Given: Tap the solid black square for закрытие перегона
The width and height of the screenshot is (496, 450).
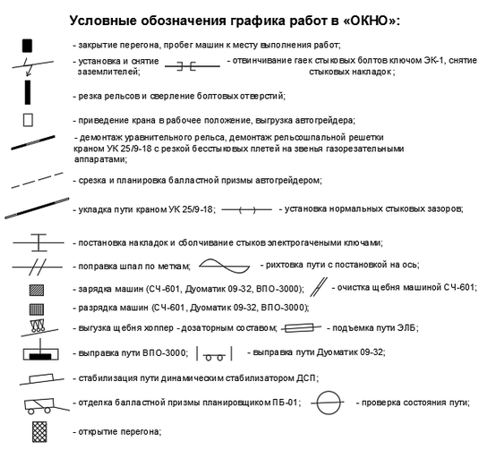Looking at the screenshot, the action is pyautogui.click(x=27, y=46).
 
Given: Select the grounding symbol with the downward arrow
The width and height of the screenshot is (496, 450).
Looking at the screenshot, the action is pyautogui.click(x=32, y=66).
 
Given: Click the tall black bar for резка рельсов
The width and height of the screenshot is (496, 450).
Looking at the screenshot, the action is pyautogui.click(x=28, y=92).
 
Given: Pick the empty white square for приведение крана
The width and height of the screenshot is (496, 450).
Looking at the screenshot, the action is pyautogui.click(x=28, y=120).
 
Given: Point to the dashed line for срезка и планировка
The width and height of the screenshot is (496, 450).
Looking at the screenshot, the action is pyautogui.click(x=37, y=181).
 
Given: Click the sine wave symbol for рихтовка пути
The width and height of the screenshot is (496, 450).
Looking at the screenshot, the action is pyautogui.click(x=225, y=266).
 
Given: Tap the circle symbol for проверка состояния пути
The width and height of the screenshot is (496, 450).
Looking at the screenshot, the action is pyautogui.click(x=328, y=403).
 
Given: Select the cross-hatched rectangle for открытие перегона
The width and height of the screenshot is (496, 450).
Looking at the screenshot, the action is pyautogui.click(x=39, y=432).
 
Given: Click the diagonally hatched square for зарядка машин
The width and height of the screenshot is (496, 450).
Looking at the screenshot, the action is pyautogui.click(x=37, y=290).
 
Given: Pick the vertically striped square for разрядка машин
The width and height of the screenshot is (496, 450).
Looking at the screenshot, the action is pyautogui.click(x=37, y=310).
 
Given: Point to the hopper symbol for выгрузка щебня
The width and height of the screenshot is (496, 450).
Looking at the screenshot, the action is pyautogui.click(x=38, y=328).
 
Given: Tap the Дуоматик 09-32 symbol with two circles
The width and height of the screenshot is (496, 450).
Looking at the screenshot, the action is pyautogui.click(x=215, y=354).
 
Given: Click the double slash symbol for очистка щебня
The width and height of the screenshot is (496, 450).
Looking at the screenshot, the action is pyautogui.click(x=318, y=287).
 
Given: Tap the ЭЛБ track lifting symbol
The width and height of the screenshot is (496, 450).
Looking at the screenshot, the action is pyautogui.click(x=302, y=328).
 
